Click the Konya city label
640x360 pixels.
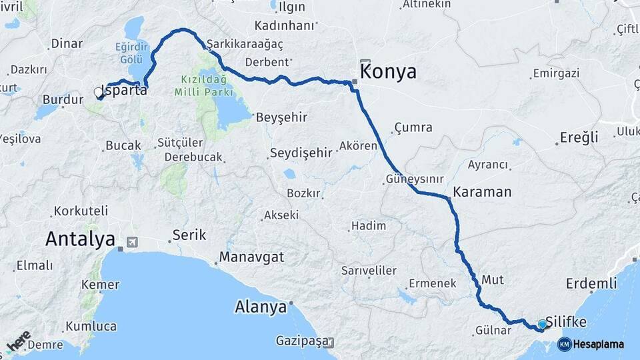pyautogui.click(x=388, y=72)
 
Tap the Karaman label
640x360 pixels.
pyautogui.click(x=482, y=192)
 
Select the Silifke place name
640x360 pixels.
pyautogui.click(x=566, y=322)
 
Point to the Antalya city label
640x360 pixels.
pyautogui.click(x=81, y=239)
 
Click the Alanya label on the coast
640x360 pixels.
pyautogui.click(x=261, y=307)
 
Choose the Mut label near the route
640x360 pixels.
pyautogui.click(x=492, y=278)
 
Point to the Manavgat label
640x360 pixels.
pyautogui.click(x=252, y=257)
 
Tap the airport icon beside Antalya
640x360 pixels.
pyautogui.click(x=131, y=241)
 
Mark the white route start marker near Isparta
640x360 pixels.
pyautogui.click(x=99, y=93)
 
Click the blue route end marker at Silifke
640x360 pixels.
pyautogui.click(x=542, y=325)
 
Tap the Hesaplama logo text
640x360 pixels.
pyautogui.click(x=597, y=344)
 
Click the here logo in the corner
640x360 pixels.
pyautogui.click(x=19, y=341)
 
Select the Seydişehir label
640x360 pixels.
pyautogui.click(x=301, y=153)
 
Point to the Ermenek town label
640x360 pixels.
pyautogui.click(x=433, y=283)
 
